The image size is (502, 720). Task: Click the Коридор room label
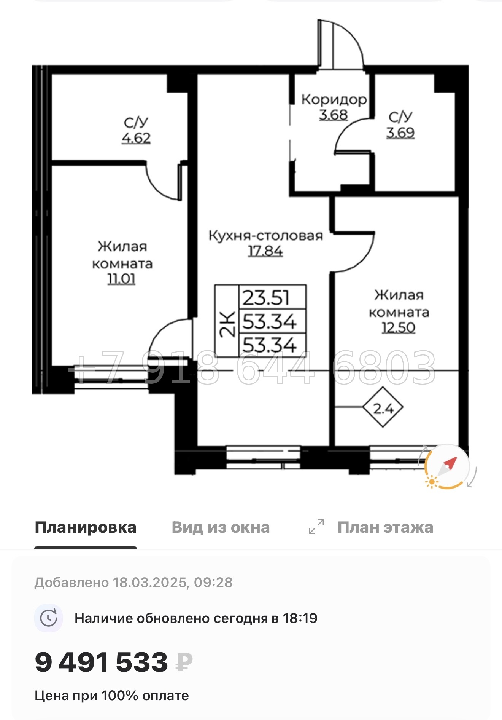[334, 100]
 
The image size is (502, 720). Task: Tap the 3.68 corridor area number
[333, 115]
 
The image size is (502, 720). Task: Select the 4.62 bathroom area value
[136, 138]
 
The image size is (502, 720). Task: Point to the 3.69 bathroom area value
[400, 133]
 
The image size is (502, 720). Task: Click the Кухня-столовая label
[265, 236]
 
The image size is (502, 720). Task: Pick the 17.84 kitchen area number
[265, 251]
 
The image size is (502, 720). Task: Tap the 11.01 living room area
[122, 279]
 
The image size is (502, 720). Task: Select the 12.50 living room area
[399, 327]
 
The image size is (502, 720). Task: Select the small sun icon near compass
[432, 482]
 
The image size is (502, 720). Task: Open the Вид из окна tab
[221, 527]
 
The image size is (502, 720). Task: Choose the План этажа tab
[385, 527]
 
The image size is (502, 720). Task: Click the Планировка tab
[86, 527]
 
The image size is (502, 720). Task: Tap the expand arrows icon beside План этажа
[316, 527]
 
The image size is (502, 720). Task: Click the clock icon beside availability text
[49, 618]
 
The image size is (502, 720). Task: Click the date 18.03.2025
[150, 582]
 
